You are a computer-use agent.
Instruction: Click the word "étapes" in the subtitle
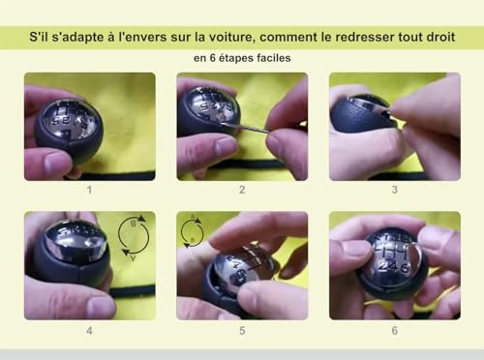point(241,58)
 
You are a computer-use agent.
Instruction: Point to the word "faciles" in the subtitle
point(281,58)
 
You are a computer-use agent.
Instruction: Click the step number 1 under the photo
point(89,191)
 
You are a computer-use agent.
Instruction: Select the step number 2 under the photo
point(242,191)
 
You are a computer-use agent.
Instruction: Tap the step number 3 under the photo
point(394,191)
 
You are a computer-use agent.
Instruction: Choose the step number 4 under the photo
point(89,330)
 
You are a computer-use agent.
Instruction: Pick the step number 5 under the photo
point(242,330)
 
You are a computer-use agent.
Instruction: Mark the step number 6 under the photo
point(394,330)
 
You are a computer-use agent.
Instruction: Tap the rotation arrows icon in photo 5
point(193,232)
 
